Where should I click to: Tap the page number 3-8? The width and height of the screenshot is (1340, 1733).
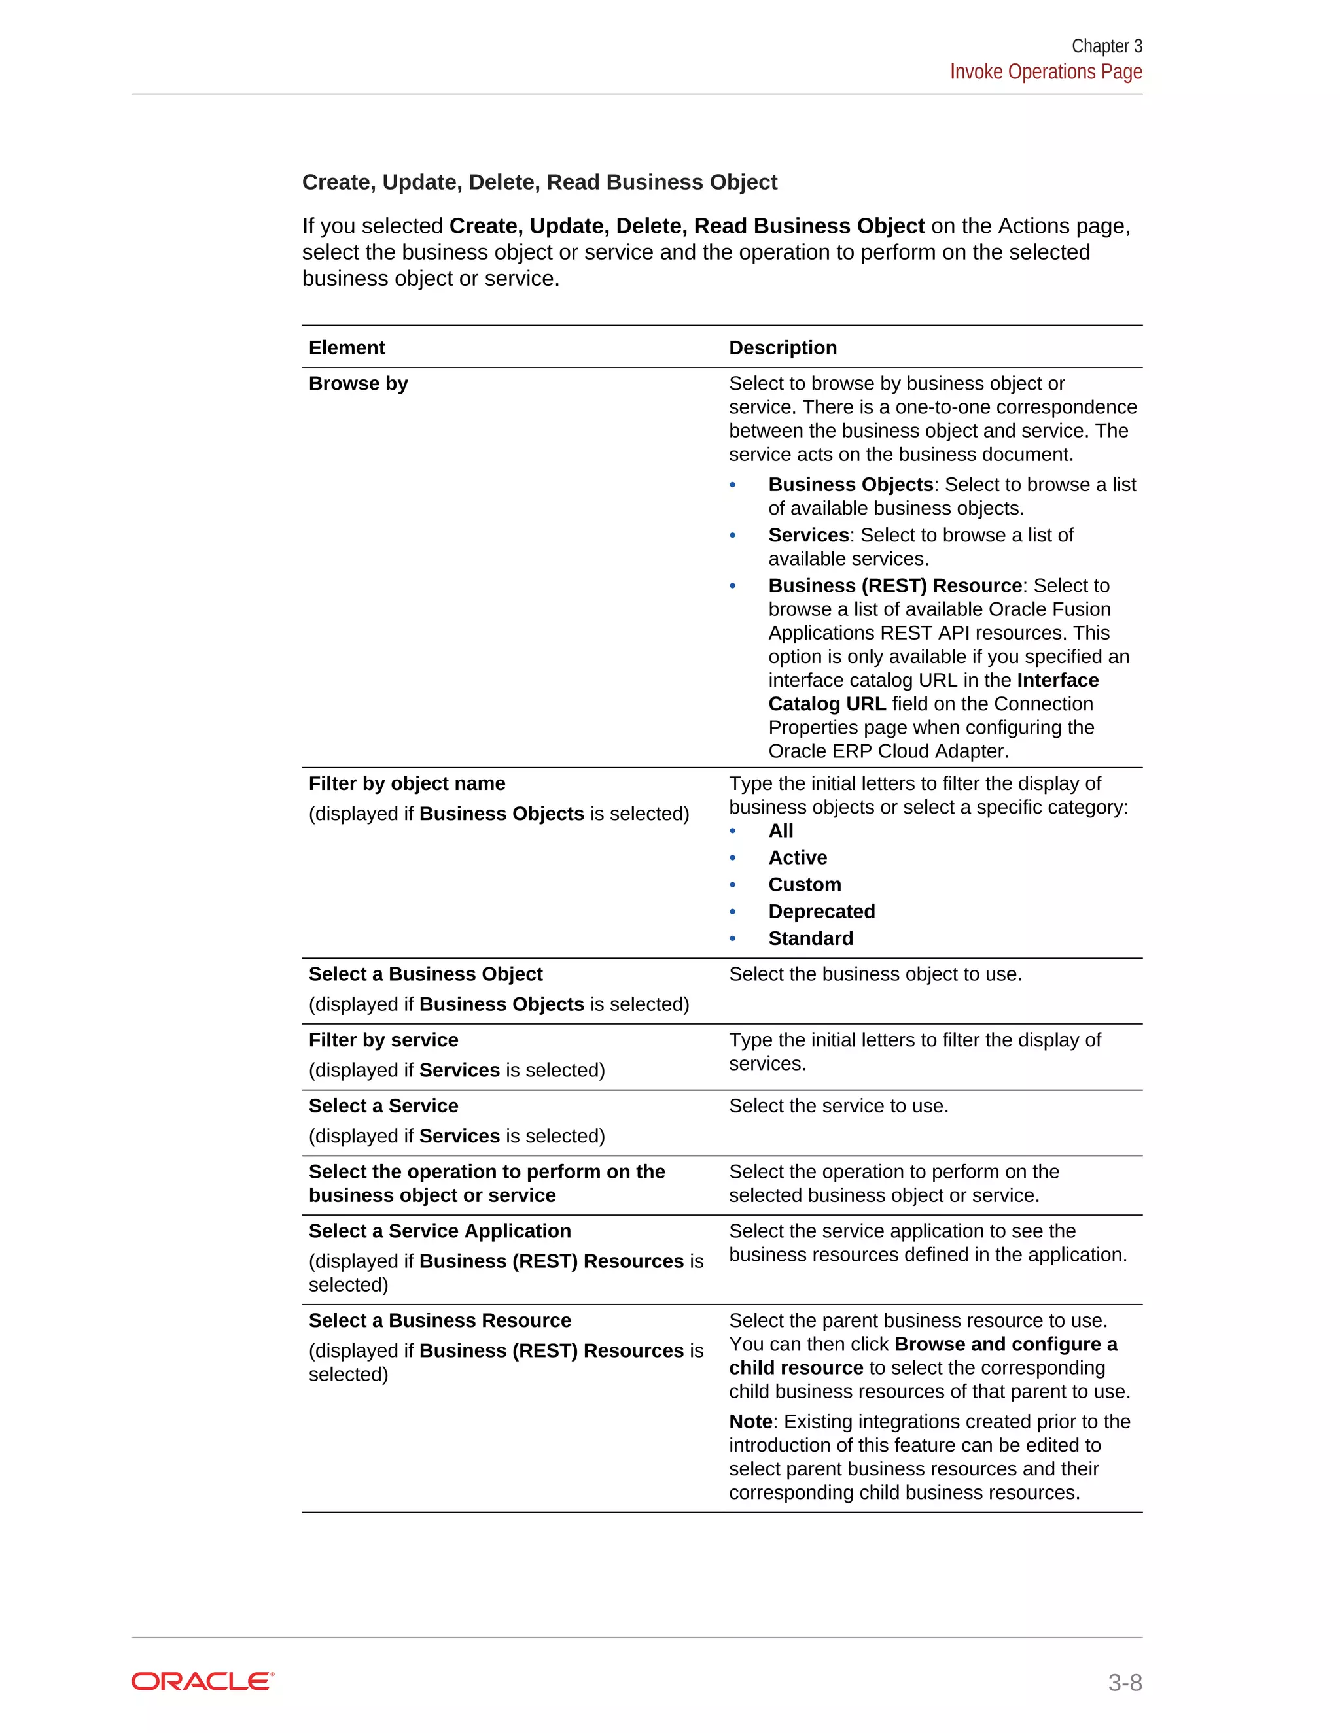click(x=1124, y=1682)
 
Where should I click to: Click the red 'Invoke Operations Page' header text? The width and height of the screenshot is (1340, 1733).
click(x=1046, y=72)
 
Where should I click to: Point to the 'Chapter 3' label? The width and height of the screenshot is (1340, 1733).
click(x=1106, y=46)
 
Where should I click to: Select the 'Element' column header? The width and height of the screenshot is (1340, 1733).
click(x=347, y=347)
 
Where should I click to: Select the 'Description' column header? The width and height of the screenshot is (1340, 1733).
click(x=783, y=347)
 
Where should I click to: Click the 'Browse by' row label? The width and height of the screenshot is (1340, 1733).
click(x=358, y=383)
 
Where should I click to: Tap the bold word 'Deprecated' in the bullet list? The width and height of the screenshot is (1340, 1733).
click(x=822, y=911)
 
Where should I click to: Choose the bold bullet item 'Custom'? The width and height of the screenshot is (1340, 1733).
click(x=804, y=884)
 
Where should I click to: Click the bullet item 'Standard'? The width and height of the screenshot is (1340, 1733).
click(x=811, y=938)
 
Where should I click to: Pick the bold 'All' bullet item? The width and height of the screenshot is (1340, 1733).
click(x=781, y=831)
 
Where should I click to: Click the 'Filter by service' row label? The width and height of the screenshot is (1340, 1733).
click(x=383, y=1040)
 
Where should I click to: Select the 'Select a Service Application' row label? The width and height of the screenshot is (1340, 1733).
click(x=440, y=1231)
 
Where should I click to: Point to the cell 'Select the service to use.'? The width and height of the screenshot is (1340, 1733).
click(x=838, y=1105)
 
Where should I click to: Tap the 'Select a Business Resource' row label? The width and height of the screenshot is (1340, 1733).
click(x=440, y=1320)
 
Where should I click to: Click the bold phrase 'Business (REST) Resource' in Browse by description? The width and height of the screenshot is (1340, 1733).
click(x=894, y=585)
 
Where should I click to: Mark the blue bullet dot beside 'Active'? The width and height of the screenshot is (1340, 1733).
click(x=733, y=858)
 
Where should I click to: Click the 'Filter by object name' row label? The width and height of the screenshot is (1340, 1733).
click(x=406, y=783)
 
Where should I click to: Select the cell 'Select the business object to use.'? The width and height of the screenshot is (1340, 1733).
click(x=875, y=974)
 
